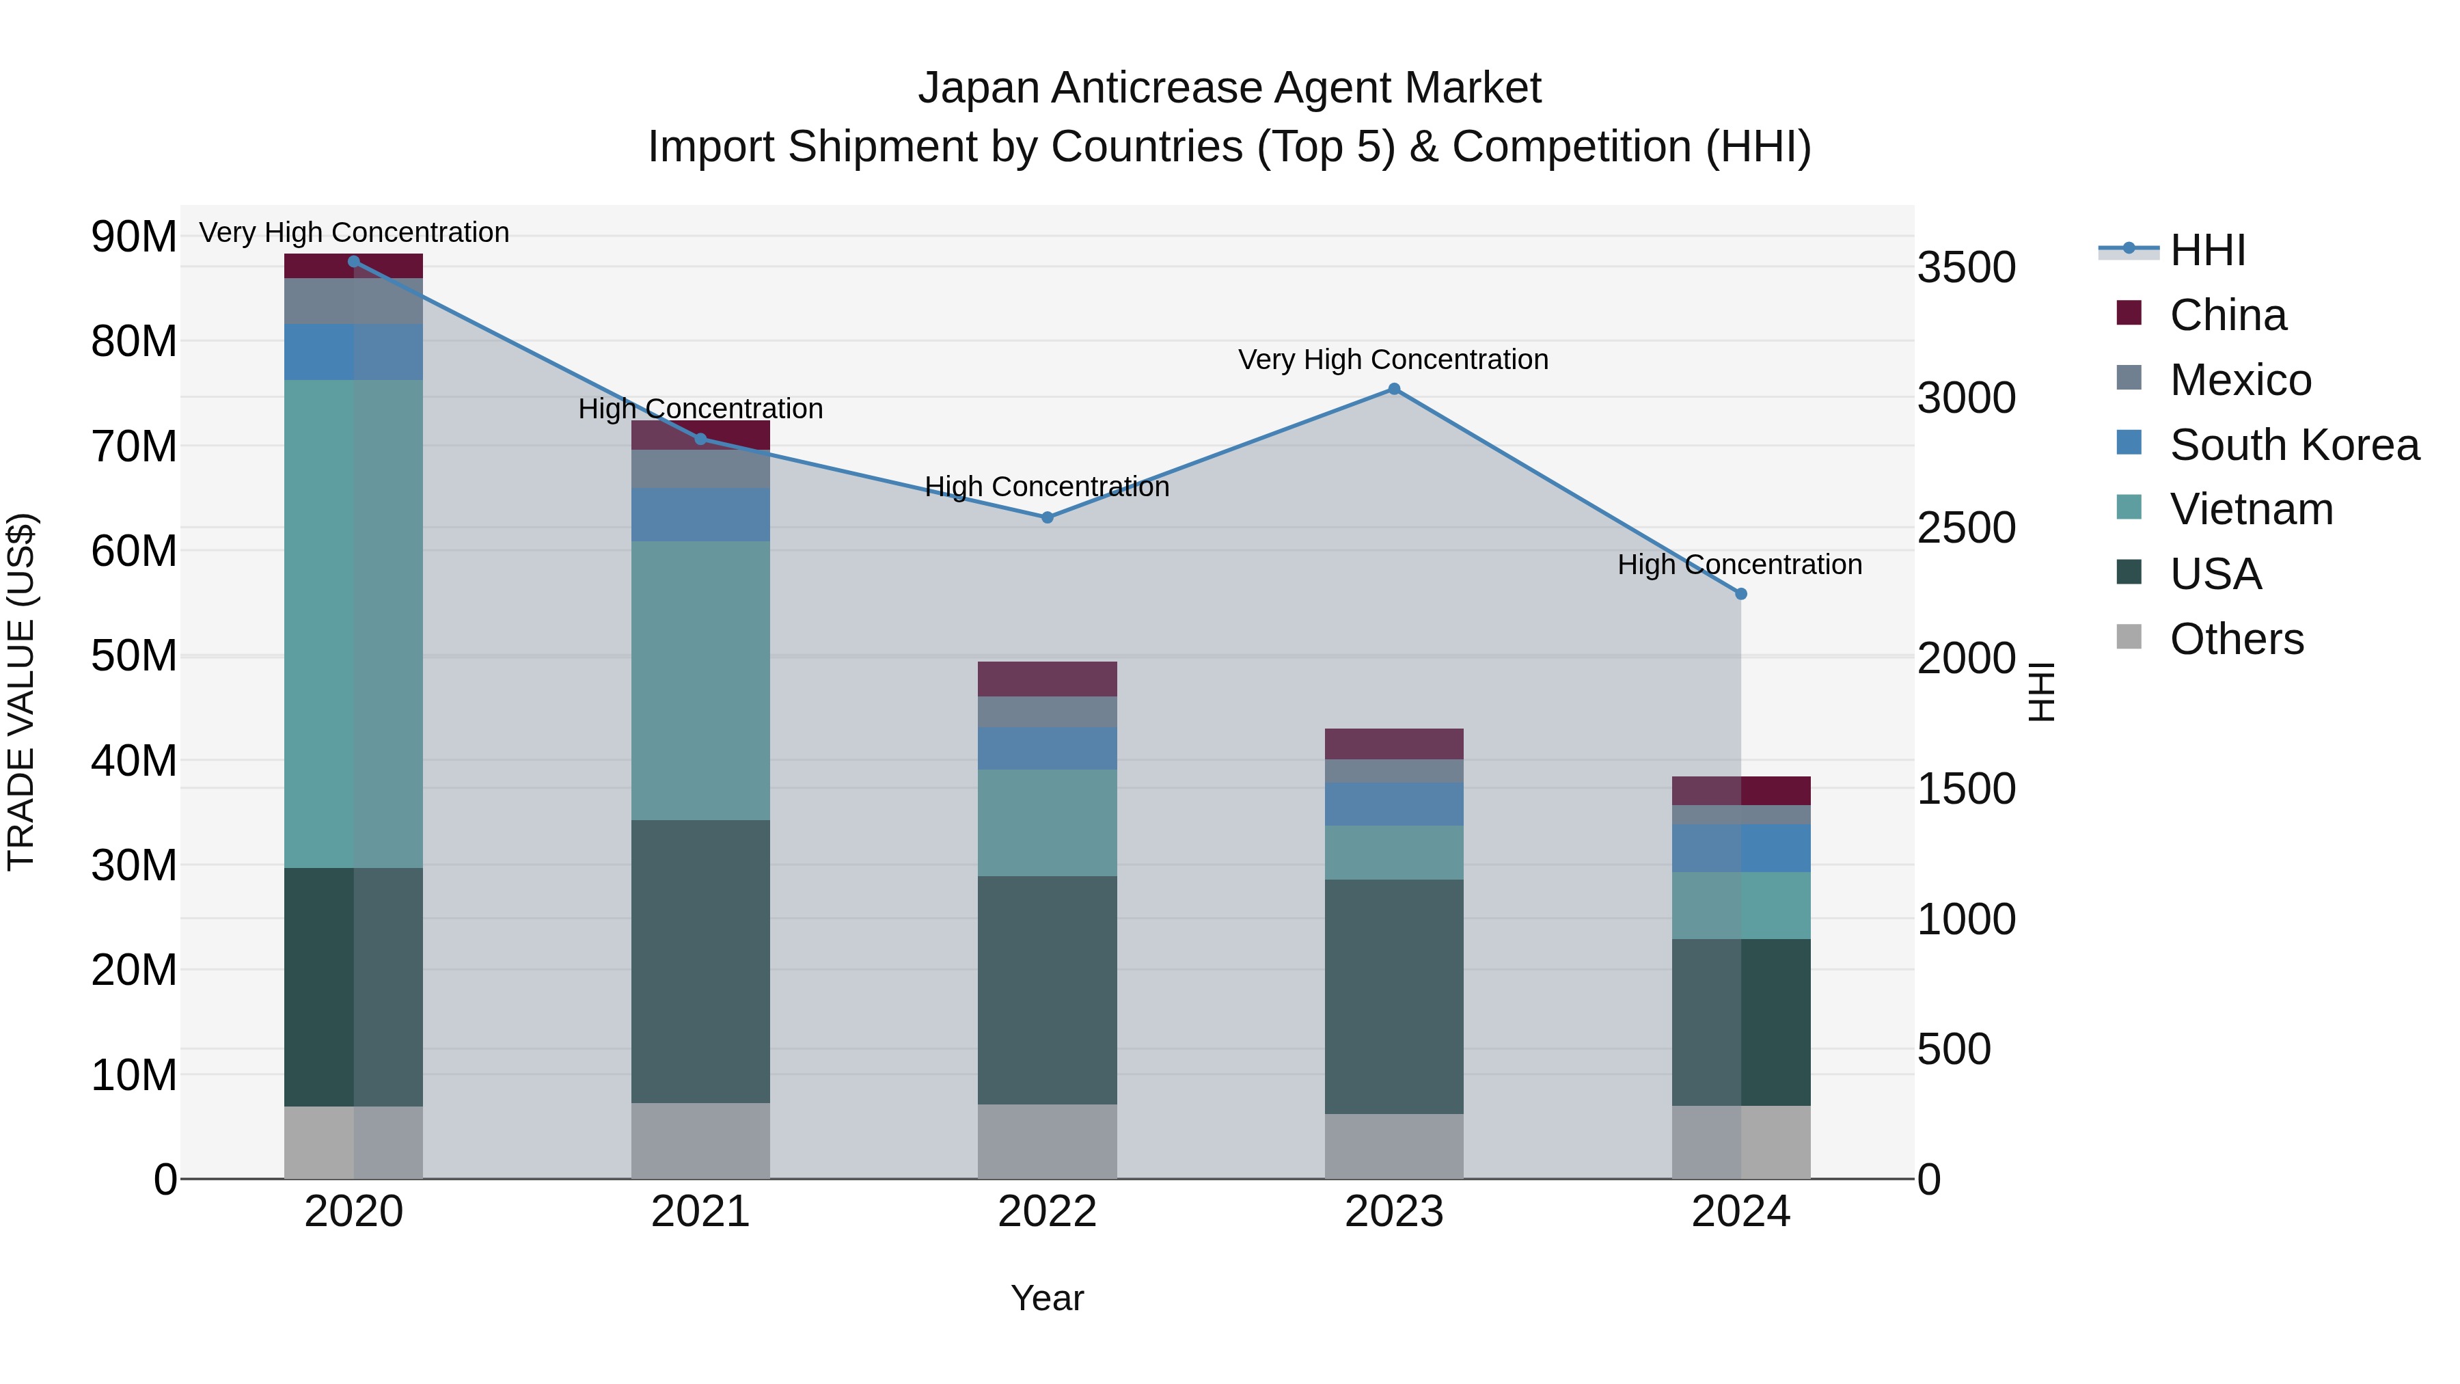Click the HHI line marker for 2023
pos(1393,389)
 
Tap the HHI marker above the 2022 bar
pos(1047,517)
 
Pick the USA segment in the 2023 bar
pos(1393,996)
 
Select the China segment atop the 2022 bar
pos(1047,679)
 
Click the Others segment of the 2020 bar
pos(353,1142)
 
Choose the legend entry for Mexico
pos(2239,380)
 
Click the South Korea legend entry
pos(2293,445)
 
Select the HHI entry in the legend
pos(2206,250)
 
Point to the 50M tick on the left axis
pos(134,656)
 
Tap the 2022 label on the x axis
pos(1047,1212)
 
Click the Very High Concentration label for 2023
pos(1393,360)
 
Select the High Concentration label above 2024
pos(1739,565)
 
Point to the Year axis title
pos(1047,1298)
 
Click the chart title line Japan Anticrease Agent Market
pos(1229,88)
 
